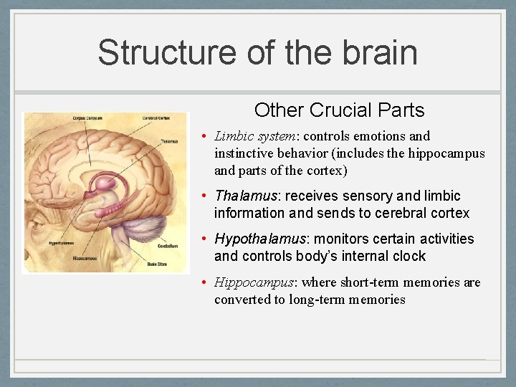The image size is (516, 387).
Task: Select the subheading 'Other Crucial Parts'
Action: click(x=339, y=110)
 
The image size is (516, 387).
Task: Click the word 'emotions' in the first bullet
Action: click(x=381, y=136)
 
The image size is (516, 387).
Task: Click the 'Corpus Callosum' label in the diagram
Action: click(x=87, y=118)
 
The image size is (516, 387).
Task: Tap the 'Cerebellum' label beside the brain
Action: click(x=168, y=245)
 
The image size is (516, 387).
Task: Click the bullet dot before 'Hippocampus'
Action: click(x=204, y=282)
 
